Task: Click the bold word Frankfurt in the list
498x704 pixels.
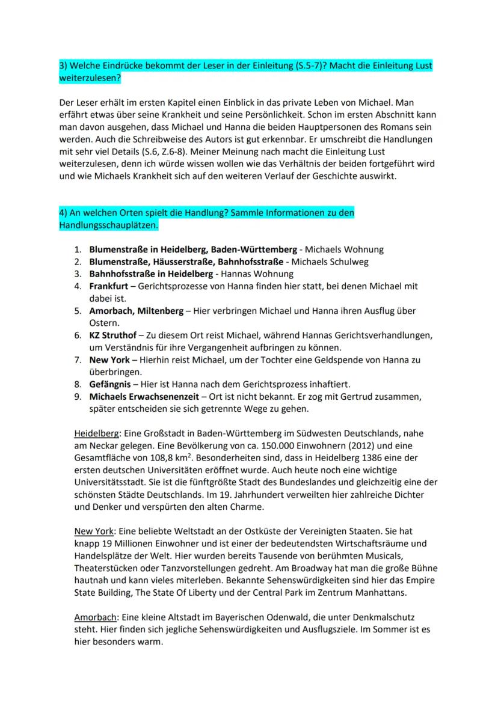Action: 108,286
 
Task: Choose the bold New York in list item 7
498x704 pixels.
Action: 108,360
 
